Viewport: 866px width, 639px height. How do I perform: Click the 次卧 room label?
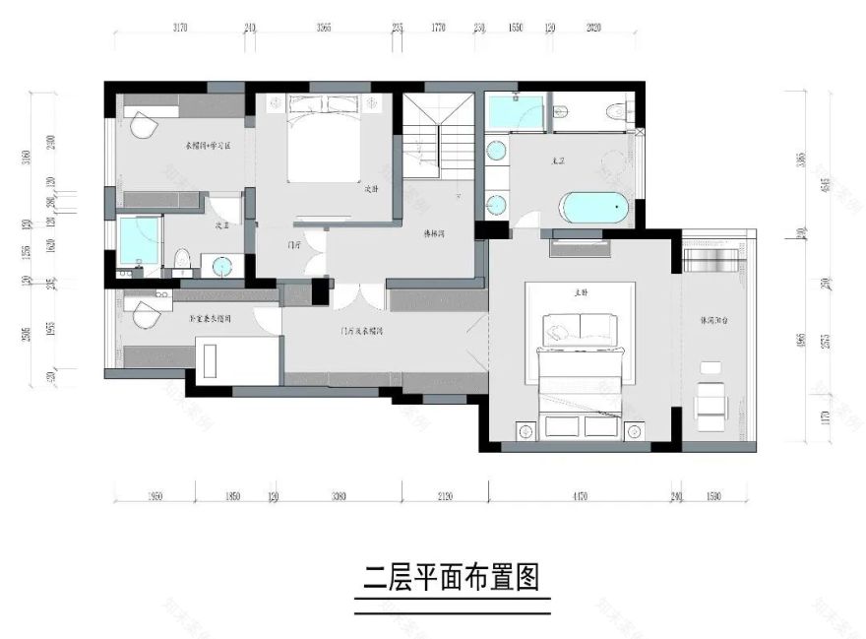pos(372,188)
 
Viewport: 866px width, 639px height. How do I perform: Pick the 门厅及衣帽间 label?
pos(361,332)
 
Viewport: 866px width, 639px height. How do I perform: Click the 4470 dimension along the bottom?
pos(578,495)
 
